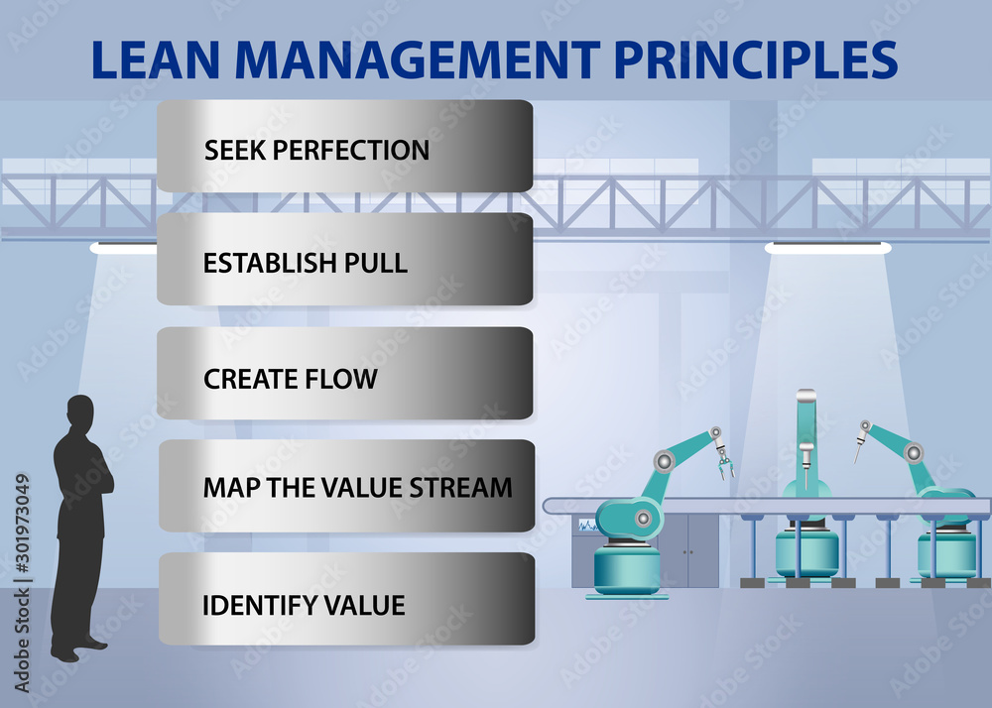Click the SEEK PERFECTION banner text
point(316,151)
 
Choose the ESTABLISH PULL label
point(306,264)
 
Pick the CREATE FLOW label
point(291,379)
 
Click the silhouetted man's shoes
point(78,650)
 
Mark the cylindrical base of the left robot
point(627,569)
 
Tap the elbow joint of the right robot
point(913,452)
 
